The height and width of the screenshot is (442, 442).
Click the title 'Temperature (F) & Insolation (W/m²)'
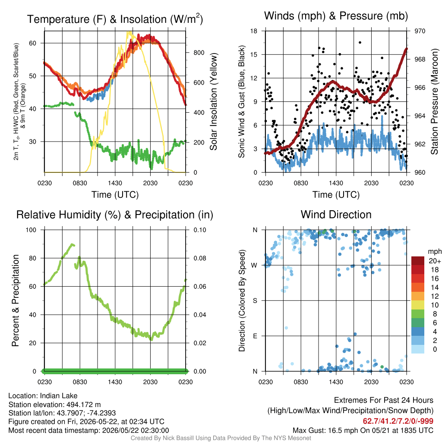(115, 19)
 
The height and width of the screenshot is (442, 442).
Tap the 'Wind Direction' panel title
(336, 215)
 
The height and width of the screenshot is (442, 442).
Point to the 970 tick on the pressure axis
(420, 31)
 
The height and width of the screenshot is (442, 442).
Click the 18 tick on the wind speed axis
(254, 31)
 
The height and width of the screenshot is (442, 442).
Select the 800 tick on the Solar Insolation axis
(199, 53)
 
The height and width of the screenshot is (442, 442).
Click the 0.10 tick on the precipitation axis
(200, 230)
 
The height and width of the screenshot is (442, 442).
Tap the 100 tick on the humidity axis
(31, 230)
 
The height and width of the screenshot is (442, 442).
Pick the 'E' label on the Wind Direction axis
(255, 336)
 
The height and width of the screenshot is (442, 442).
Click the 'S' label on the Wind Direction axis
(255, 301)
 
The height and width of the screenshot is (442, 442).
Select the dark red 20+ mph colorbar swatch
(418, 261)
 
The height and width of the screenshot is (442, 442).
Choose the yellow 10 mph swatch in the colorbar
(418, 305)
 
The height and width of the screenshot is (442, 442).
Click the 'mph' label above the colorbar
(434, 252)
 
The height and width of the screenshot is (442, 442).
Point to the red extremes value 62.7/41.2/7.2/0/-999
(398, 421)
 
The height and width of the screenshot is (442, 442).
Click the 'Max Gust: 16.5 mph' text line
(363, 430)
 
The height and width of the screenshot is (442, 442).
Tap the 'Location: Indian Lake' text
(43, 396)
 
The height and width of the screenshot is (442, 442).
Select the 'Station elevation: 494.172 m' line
(55, 404)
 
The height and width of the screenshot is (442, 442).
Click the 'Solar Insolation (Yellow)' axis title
(214, 101)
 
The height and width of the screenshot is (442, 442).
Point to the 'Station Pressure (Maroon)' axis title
(434, 101)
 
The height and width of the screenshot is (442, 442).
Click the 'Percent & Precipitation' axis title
(16, 300)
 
